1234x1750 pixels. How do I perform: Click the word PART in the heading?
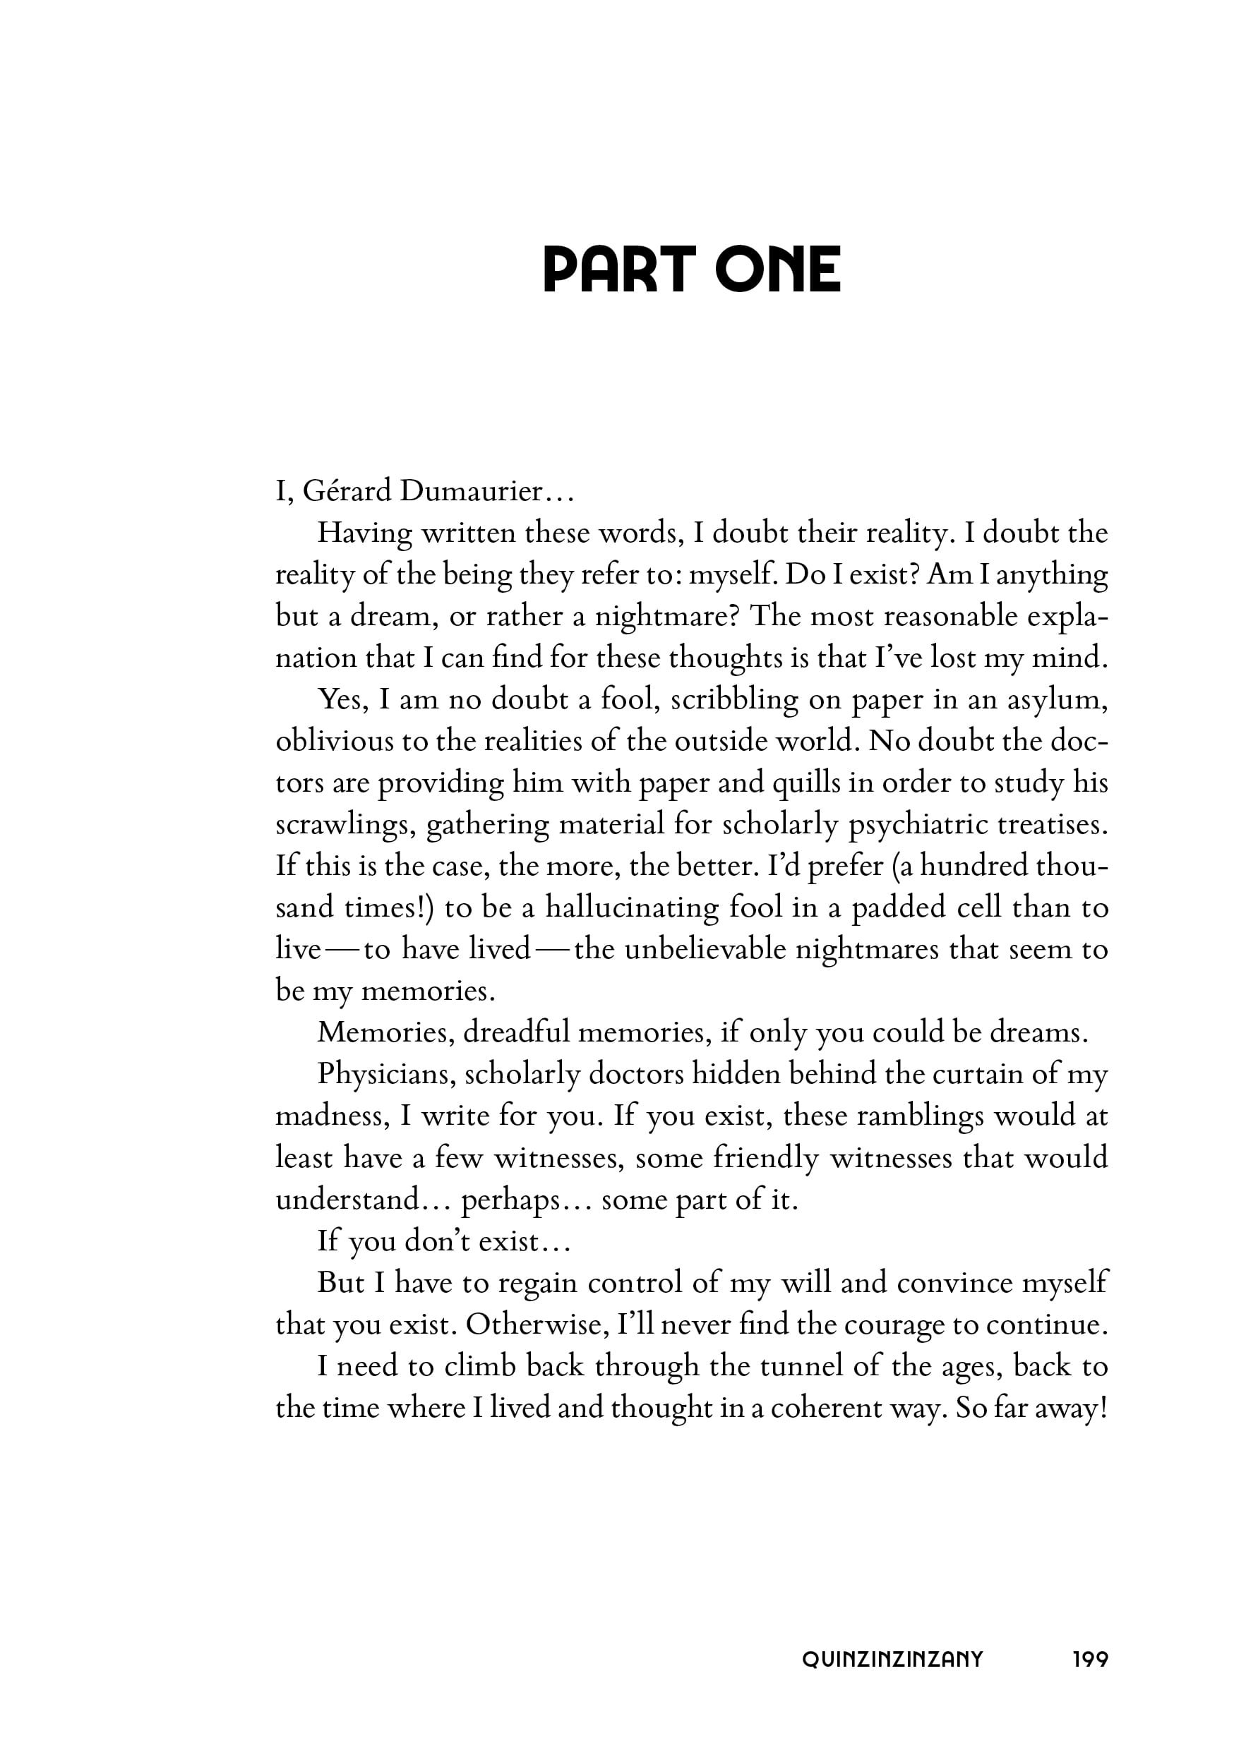tap(618, 270)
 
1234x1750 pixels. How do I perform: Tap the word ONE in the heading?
tap(778, 270)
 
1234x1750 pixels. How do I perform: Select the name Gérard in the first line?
tap(347, 492)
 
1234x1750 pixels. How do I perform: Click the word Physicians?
tap(386, 1074)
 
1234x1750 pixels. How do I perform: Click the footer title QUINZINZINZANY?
tap(892, 1659)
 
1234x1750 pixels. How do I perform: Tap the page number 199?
tap(1090, 1659)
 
